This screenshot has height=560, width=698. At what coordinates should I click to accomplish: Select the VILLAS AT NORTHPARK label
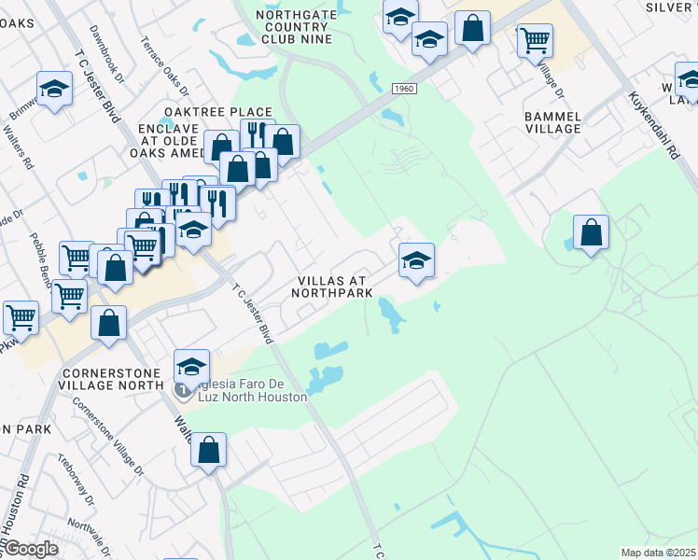[331, 287]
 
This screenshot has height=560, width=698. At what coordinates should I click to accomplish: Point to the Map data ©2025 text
[657, 553]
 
